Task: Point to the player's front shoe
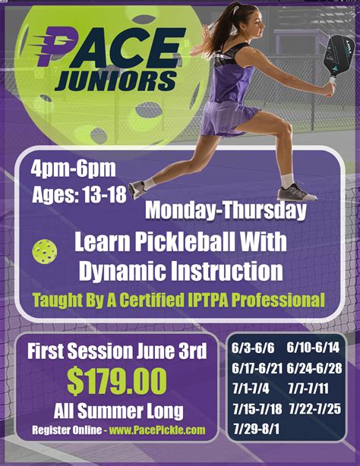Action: [x=297, y=191]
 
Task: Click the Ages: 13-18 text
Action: [x=79, y=194]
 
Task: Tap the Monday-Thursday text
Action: [x=225, y=209]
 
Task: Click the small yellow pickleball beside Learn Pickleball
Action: [x=43, y=251]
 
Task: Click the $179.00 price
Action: [x=117, y=381]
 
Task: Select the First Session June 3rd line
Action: [x=116, y=351]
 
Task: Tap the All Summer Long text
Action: [x=118, y=411]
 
